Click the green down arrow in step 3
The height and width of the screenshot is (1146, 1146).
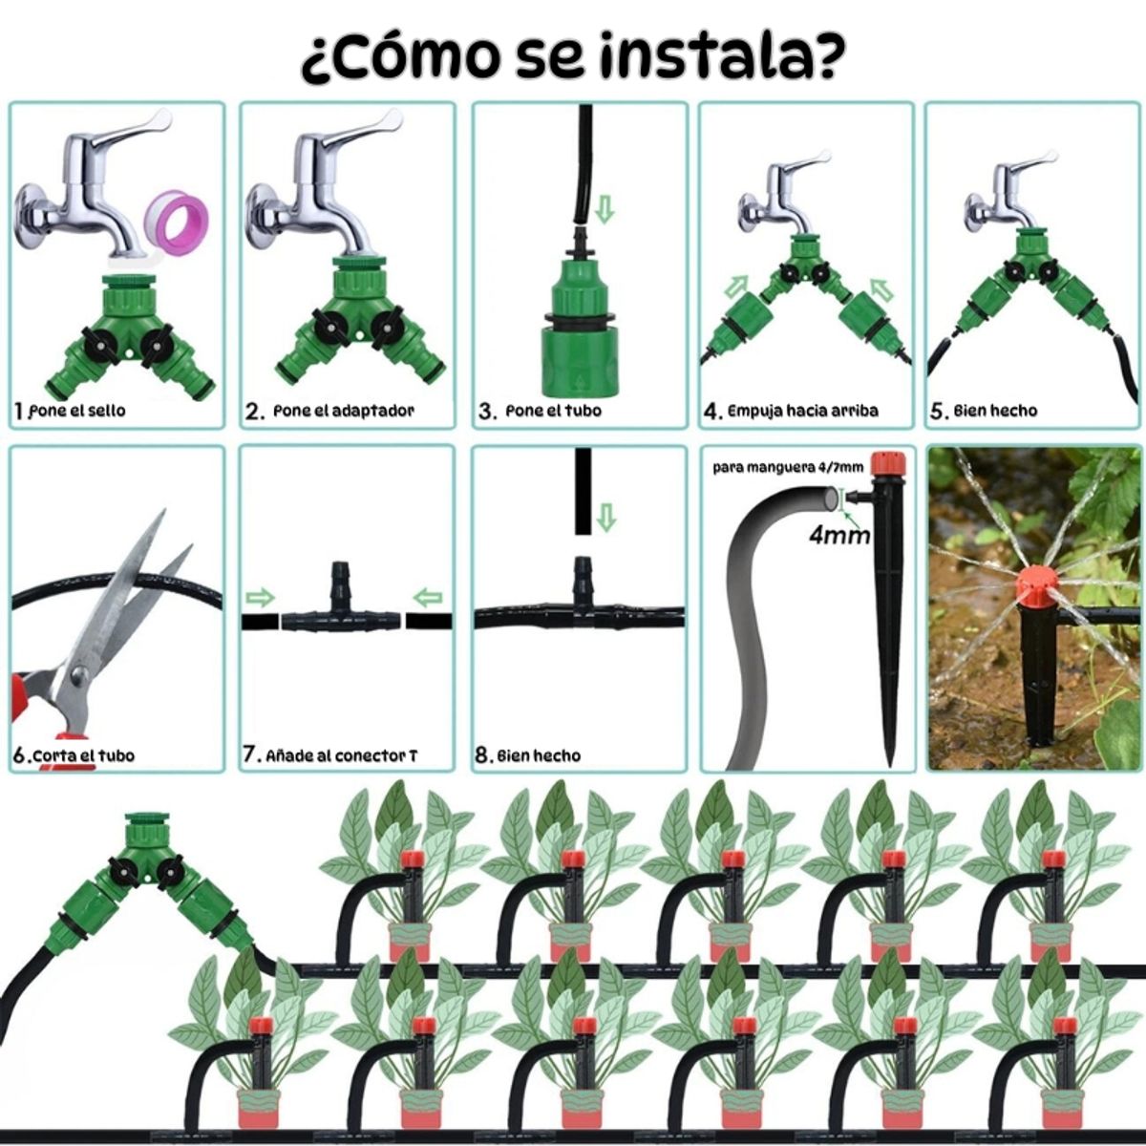coord(604,209)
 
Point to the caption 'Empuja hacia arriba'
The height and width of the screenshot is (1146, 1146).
coord(802,411)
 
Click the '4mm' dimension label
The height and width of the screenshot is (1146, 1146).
coord(838,535)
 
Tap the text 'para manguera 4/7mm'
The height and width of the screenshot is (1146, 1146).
coord(789,467)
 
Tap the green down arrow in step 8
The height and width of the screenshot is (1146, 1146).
coord(605,520)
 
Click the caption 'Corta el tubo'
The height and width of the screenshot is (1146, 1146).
coord(83,755)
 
